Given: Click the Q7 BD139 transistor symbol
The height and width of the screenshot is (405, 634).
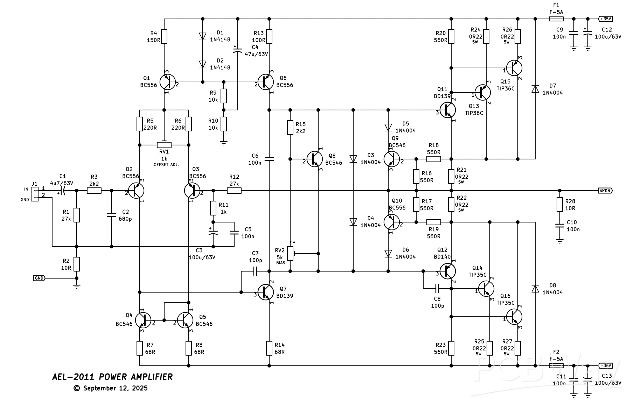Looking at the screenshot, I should (x=266, y=292).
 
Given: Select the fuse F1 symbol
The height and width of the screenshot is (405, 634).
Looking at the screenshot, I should (x=556, y=19).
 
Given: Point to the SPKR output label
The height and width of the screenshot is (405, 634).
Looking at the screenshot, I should (x=605, y=191).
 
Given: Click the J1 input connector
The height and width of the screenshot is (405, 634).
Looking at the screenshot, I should (x=35, y=194).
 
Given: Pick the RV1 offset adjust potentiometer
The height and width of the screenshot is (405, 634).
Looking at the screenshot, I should (x=164, y=145).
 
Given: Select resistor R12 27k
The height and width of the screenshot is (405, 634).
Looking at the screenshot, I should (x=234, y=191).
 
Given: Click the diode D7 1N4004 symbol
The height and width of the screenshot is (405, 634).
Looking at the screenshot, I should (x=535, y=89).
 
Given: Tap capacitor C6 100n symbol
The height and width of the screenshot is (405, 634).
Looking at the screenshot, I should (x=269, y=159).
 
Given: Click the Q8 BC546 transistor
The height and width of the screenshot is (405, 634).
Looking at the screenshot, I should (x=314, y=159).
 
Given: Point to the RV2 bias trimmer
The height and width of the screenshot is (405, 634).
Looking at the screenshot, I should (x=290, y=253).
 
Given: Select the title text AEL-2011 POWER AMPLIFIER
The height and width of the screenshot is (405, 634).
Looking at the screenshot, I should (x=112, y=377).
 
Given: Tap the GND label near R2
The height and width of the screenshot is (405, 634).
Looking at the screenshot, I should (x=39, y=278).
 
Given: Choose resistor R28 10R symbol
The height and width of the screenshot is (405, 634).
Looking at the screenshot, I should (x=559, y=205).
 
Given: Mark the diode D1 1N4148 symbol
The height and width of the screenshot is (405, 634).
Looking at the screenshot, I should (x=202, y=36).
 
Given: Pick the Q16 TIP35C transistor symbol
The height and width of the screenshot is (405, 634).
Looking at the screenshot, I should (x=514, y=316).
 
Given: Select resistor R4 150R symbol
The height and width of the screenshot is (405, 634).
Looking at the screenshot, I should (x=164, y=36).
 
